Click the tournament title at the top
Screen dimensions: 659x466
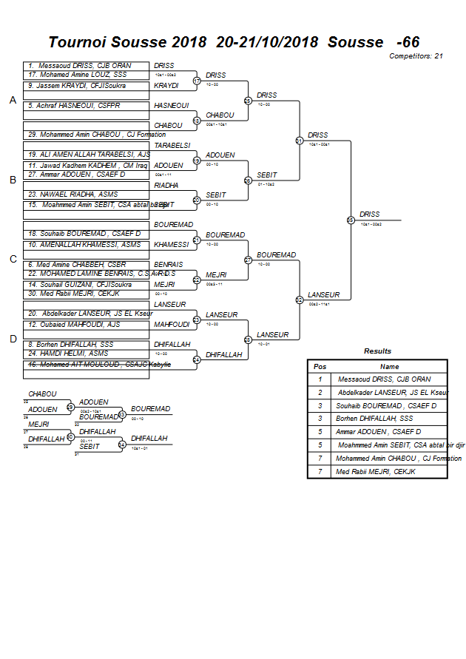point(234,42)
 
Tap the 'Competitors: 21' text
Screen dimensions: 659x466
point(416,56)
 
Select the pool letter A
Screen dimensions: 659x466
point(13,100)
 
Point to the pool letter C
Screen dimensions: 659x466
point(13,259)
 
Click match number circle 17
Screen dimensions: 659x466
point(197,81)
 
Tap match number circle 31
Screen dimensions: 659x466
point(300,141)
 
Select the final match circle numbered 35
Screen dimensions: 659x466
point(351,220)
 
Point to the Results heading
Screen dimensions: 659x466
point(377,351)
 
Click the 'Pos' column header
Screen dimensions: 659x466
point(320,366)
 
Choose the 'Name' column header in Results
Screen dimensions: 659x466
point(389,366)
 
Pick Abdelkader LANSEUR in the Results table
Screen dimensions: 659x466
point(393,392)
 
